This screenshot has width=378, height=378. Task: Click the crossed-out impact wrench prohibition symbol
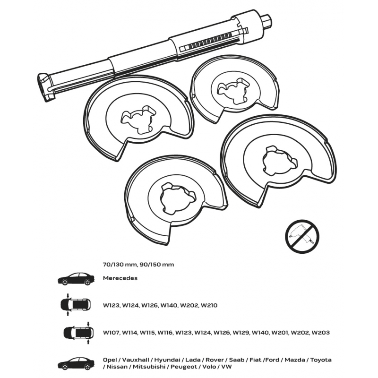pyautogui.click(x=302, y=236)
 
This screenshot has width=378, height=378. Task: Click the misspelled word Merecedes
pyautogui.click(x=120, y=278)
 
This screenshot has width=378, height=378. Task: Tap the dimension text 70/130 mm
pyautogui.click(x=117, y=265)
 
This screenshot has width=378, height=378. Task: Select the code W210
pyautogui.click(x=209, y=305)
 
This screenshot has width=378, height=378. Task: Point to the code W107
pyautogui.click(x=111, y=333)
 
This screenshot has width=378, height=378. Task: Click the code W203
pyautogui.click(x=320, y=333)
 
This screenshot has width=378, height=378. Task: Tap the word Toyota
pyautogui.click(x=321, y=360)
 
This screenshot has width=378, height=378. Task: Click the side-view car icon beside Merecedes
pyautogui.click(x=76, y=279)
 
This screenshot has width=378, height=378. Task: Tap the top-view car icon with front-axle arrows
pyautogui.click(x=75, y=305)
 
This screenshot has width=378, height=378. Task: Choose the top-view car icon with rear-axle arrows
pyautogui.click(x=78, y=333)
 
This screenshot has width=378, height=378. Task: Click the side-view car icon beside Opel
pyautogui.click(x=76, y=363)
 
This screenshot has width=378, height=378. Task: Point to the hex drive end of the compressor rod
pyautogui.click(x=267, y=20)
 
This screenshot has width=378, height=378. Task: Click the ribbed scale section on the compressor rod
pyautogui.click(x=209, y=42)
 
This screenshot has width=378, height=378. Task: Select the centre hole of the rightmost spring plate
pyautogui.click(x=280, y=160)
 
